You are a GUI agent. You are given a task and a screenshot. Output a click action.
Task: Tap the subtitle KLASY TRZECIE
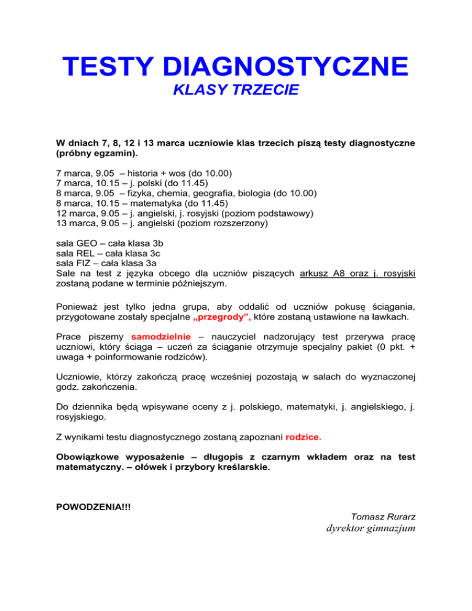[235, 91]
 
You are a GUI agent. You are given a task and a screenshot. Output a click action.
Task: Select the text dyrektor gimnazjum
[366, 529]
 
